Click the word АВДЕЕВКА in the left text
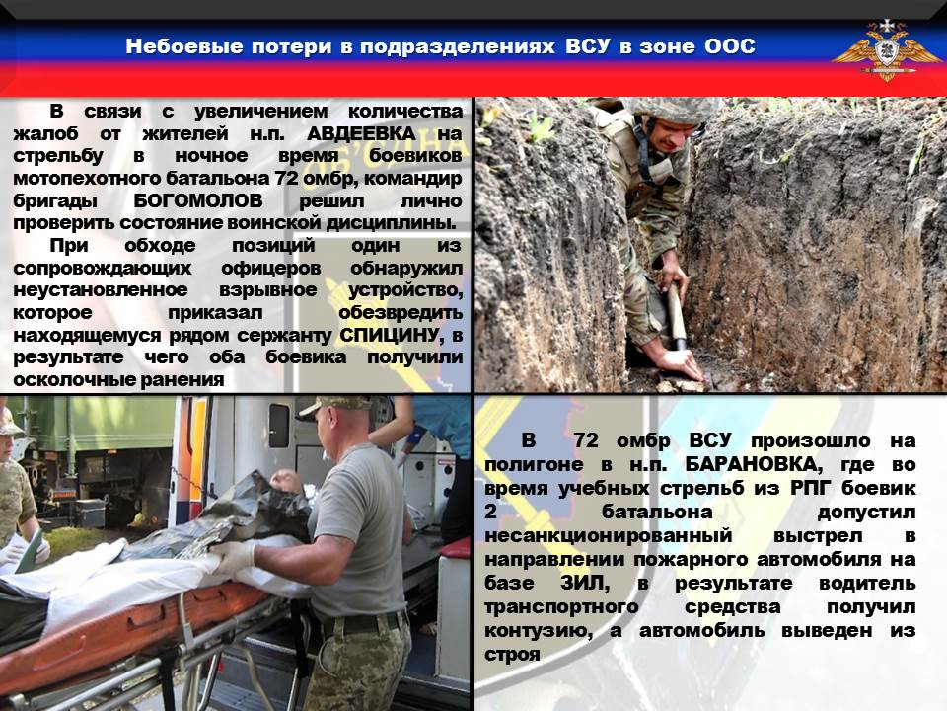point(361,133)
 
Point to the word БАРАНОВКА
point(754,464)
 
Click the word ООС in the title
point(730,46)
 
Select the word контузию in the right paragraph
point(538,631)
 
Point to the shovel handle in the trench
point(677,313)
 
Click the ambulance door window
point(279,426)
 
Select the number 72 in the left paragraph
point(287,179)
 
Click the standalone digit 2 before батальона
point(490,512)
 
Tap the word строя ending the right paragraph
point(512,654)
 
